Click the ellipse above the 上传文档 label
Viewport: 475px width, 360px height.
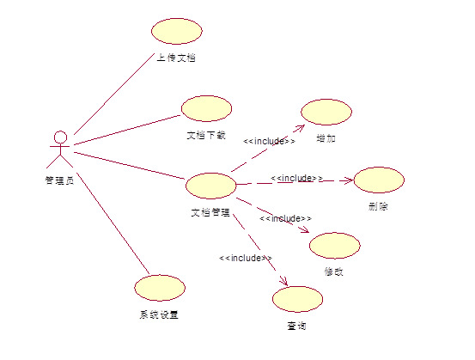[x=177, y=31]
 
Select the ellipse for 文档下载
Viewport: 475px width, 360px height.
[x=207, y=108]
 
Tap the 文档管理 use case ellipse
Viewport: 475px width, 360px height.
[x=210, y=186]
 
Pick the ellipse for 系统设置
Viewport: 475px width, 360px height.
[x=160, y=288]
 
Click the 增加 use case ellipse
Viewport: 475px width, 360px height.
[x=326, y=112]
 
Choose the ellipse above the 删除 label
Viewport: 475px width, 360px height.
[x=379, y=180]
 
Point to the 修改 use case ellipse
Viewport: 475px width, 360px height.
[x=335, y=246]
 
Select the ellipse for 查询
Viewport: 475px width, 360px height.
[x=297, y=299]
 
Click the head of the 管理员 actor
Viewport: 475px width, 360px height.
[x=61, y=137]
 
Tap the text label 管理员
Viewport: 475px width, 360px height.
[x=59, y=180]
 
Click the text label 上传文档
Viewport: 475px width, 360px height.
[x=176, y=58]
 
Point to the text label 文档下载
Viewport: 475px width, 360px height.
[x=206, y=135]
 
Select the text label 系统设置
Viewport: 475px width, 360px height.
[x=159, y=314]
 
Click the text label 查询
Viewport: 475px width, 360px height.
[x=296, y=326]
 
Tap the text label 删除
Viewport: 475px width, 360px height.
[x=378, y=207]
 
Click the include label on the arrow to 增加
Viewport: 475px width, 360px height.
[x=269, y=141]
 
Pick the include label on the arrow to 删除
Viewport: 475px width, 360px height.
[x=296, y=178]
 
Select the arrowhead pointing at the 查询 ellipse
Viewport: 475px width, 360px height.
[x=285, y=282]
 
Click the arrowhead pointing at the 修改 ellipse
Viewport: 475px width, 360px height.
[x=305, y=230]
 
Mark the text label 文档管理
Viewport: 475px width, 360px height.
[x=210, y=212]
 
